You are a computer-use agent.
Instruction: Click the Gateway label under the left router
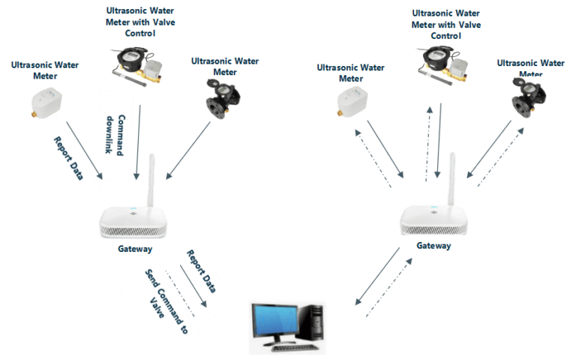(x=135, y=249)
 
